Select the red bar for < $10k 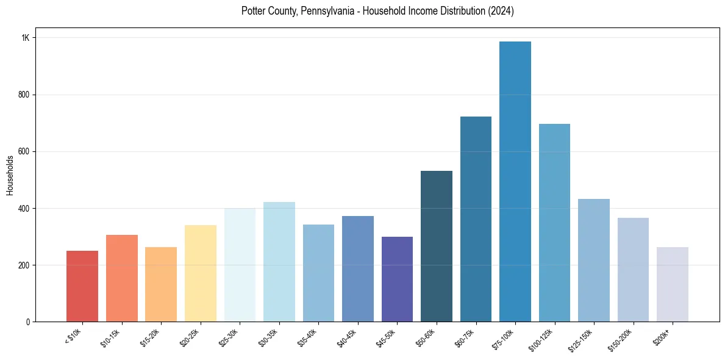pyautogui.click(x=82, y=286)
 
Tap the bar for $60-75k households pyautogui.click(x=476, y=219)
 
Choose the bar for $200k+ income pyautogui.click(x=673, y=284)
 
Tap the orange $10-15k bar pyautogui.click(x=122, y=278)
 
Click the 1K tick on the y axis pyautogui.click(x=26, y=38)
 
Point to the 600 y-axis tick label pyautogui.click(x=24, y=151)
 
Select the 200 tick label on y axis pyautogui.click(x=24, y=265)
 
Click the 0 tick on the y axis pyautogui.click(x=28, y=322)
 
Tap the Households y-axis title pyautogui.click(x=10, y=175)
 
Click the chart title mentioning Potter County pyautogui.click(x=377, y=11)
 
